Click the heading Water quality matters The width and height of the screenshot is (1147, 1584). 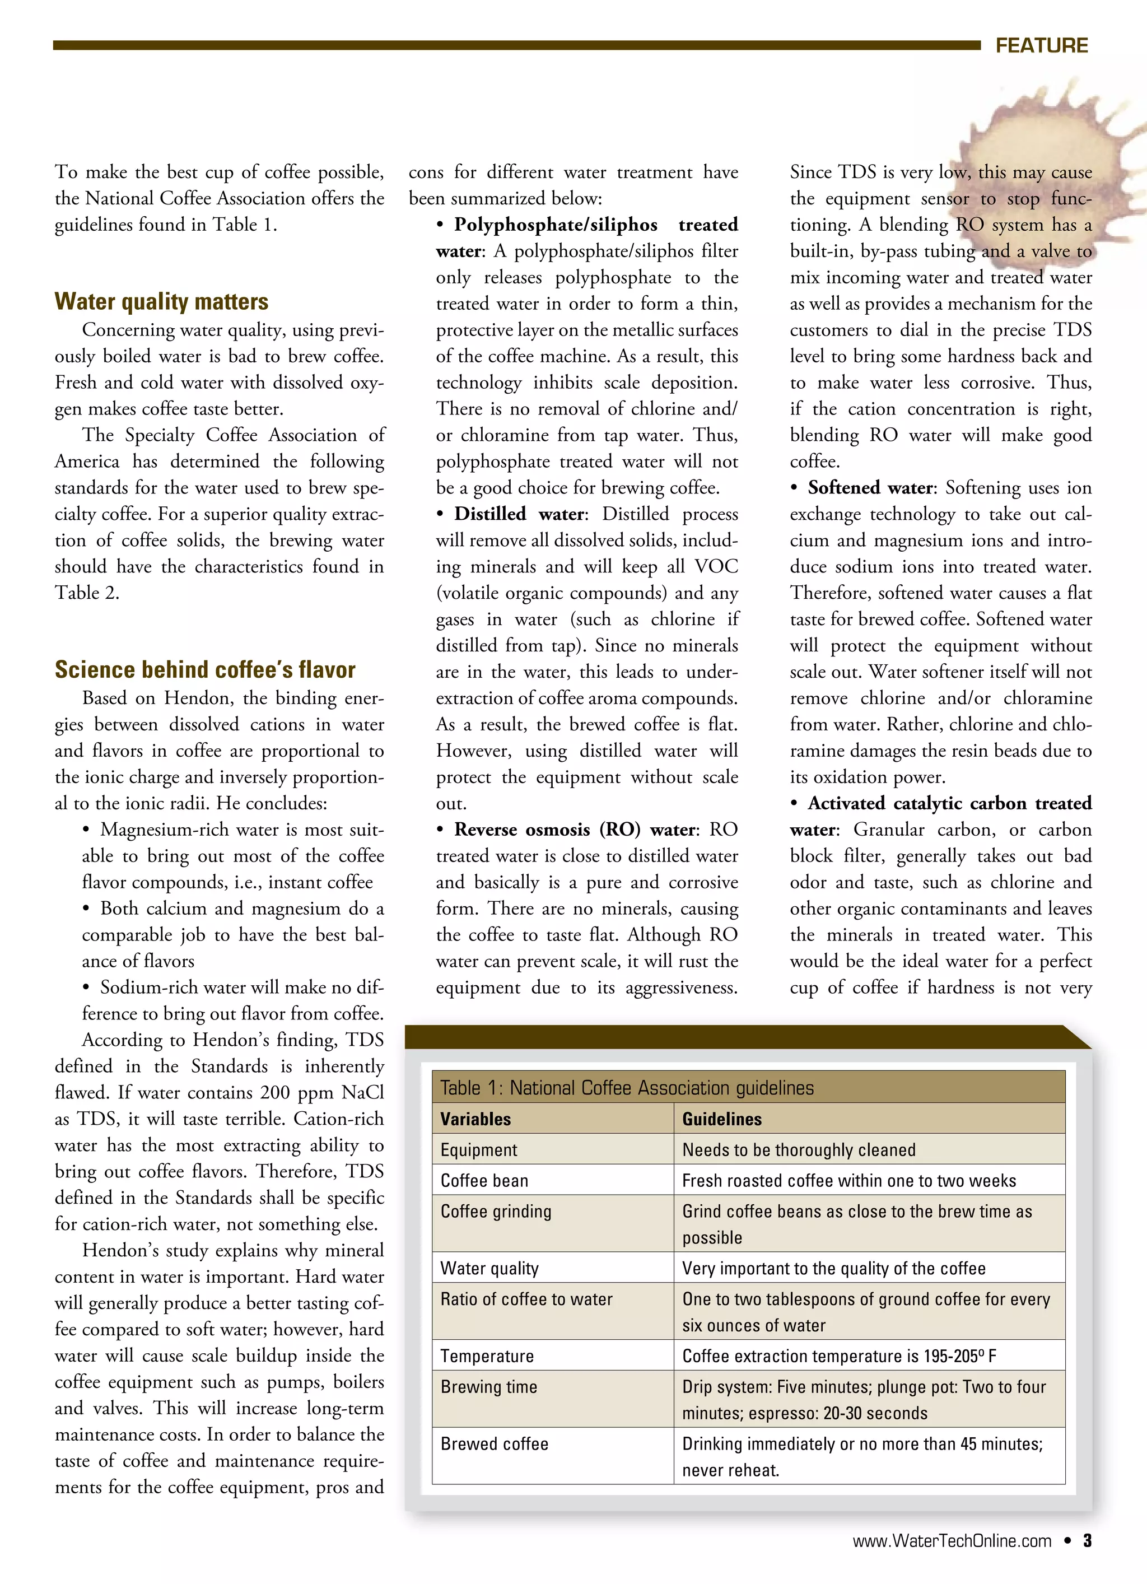click(161, 302)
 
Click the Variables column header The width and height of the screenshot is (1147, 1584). click(475, 1119)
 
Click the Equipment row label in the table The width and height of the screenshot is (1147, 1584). click(478, 1149)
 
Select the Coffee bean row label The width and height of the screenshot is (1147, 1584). click(484, 1180)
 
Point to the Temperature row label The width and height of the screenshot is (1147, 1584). click(487, 1355)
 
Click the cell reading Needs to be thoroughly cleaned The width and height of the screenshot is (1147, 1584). click(799, 1149)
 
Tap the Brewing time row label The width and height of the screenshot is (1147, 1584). click(488, 1386)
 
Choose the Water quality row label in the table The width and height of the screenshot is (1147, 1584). click(489, 1268)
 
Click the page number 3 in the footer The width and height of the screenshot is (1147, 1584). click(1087, 1541)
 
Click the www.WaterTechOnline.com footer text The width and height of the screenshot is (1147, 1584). click(952, 1541)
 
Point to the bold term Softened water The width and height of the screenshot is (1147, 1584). click(870, 487)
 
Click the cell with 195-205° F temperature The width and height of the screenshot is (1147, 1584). click(839, 1355)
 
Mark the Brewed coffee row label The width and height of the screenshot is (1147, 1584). click(494, 1443)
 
